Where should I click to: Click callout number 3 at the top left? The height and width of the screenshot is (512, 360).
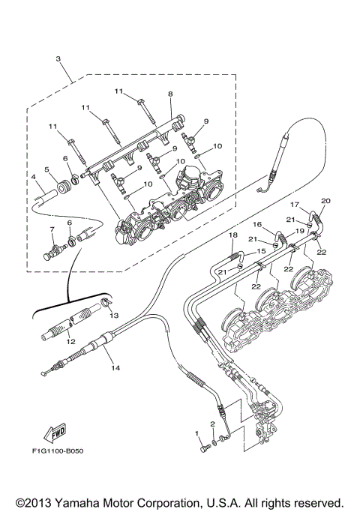tap(58, 58)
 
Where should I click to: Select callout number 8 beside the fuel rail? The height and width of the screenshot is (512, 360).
tap(170, 94)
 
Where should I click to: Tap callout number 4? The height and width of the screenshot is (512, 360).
tap(34, 177)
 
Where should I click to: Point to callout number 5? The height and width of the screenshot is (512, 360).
tap(46, 170)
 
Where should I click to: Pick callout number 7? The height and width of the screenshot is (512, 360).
tap(52, 229)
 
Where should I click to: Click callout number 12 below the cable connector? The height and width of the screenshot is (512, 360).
tap(71, 342)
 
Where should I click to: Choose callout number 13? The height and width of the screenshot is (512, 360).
tap(115, 316)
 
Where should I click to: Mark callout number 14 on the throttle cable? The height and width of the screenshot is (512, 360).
tap(115, 367)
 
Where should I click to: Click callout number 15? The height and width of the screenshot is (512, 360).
tap(262, 251)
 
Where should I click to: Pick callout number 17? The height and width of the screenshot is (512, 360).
tap(295, 204)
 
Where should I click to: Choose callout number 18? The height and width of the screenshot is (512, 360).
tap(232, 235)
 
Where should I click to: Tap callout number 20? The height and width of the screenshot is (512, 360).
tap(325, 201)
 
